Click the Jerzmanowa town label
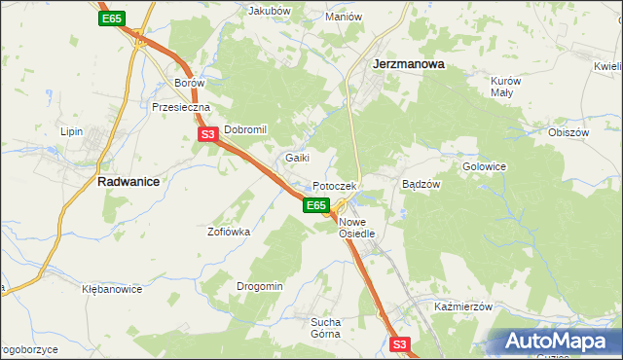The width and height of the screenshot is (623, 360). point(409,65)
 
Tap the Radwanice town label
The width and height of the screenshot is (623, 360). point(128,181)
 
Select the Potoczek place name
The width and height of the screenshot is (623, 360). point(336,186)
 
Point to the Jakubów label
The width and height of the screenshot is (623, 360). point(271,11)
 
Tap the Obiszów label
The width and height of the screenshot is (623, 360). point(569,132)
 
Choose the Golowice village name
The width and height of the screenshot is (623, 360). point(484,166)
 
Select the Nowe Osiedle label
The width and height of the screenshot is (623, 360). point(357,229)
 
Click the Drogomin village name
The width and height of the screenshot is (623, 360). point(260,286)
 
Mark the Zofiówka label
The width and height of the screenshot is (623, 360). point(229,232)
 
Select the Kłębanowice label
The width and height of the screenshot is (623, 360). point(112,289)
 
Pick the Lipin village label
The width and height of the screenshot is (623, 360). point(72,130)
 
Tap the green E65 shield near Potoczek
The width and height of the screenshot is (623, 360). point(314,205)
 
